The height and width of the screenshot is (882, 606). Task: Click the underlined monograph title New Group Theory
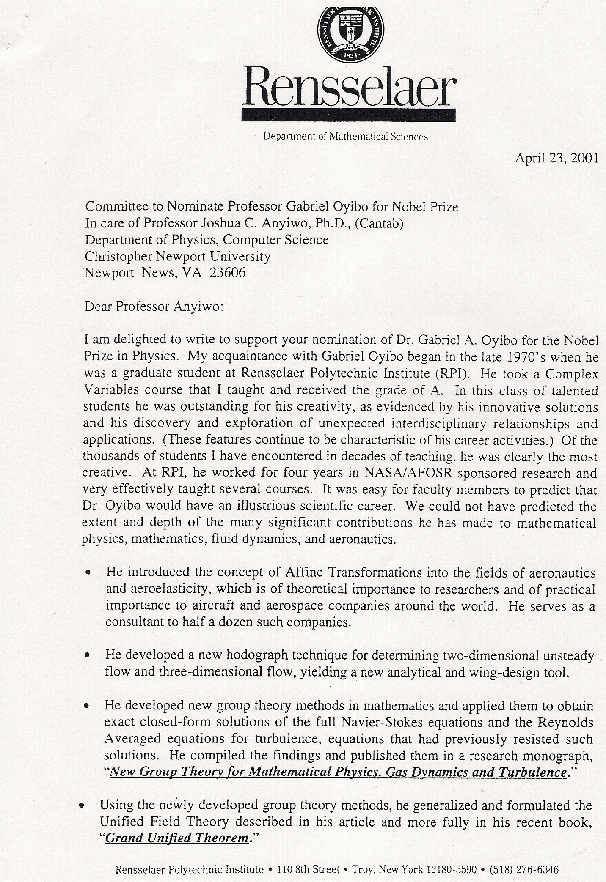click(338, 772)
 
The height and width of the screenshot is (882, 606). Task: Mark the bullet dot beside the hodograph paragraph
click(87, 656)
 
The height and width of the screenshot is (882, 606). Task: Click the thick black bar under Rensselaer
click(348, 115)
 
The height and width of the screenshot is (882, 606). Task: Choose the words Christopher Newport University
click(177, 256)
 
